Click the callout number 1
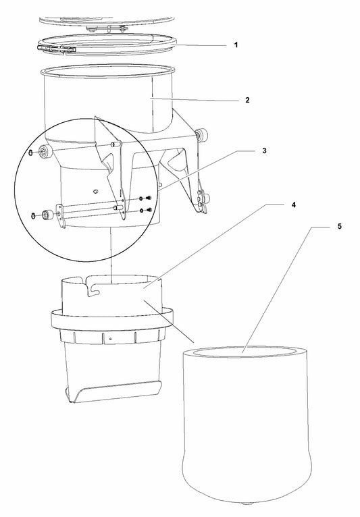tap(236, 45)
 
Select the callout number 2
tap(247, 101)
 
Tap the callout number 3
tap(264, 151)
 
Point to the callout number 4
tap(294, 205)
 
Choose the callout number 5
tap(340, 227)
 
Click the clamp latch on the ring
tap(57, 49)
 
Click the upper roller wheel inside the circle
tap(45, 152)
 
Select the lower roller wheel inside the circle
tap(48, 215)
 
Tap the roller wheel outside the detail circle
tap(201, 135)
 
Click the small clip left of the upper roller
tap(30, 153)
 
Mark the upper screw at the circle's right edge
tap(149, 198)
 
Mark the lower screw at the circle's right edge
tap(149, 210)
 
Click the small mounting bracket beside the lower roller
tap(60, 216)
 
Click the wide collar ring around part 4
tap(112, 321)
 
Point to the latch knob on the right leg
tap(207, 198)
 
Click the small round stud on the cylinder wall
tap(96, 191)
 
